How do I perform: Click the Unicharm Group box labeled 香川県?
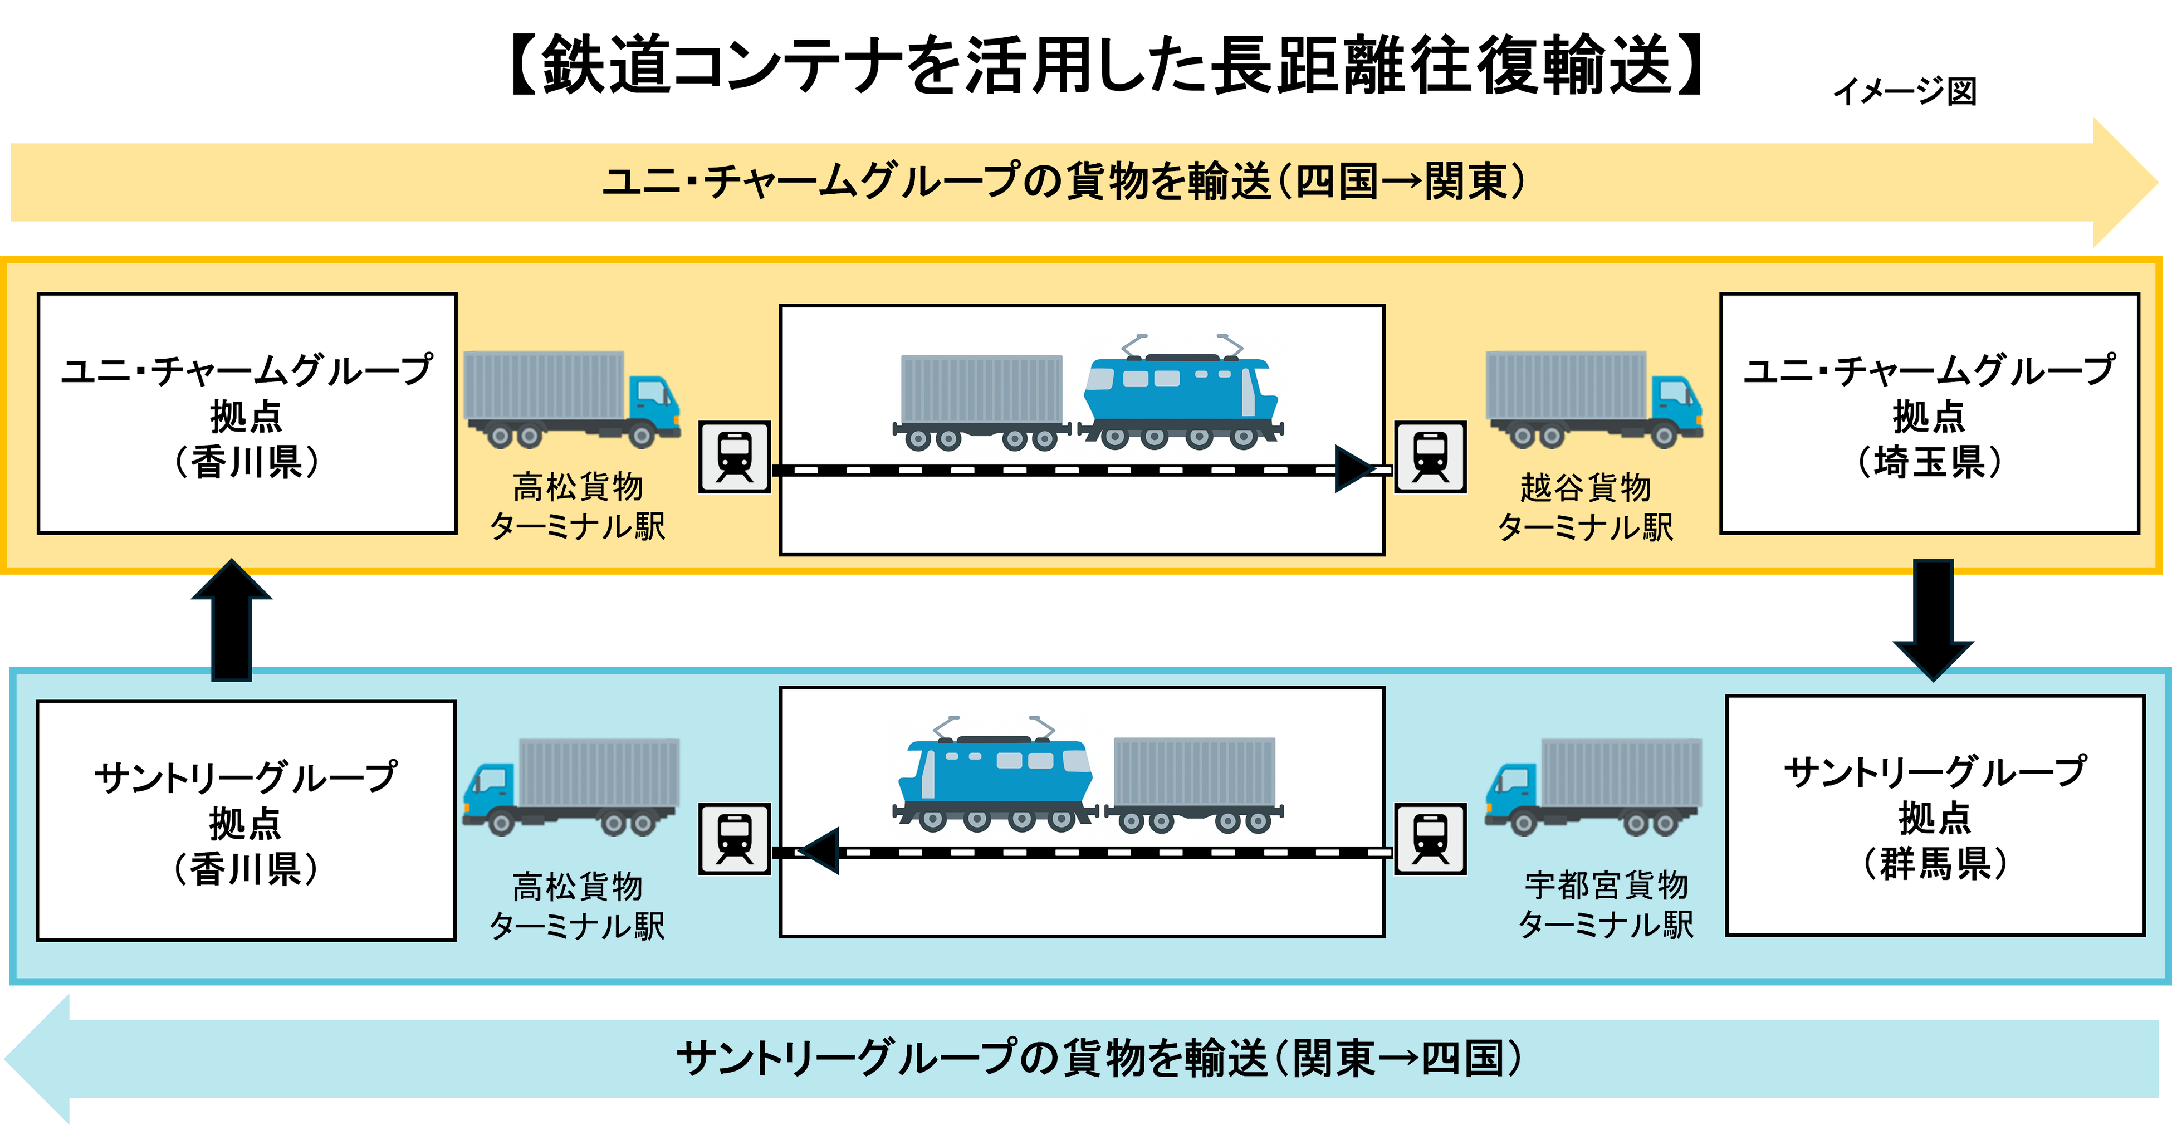pos(246,413)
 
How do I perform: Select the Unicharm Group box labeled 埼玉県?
pos(1929,413)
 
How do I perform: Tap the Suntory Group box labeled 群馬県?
pos(1935,815)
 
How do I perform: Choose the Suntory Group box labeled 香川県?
pos(246,820)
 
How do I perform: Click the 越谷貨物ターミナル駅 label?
pos(1585,507)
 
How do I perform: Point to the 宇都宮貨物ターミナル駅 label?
pos(1606,905)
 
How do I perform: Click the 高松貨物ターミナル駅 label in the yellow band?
pos(578,506)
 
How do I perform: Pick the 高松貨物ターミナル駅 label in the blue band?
pos(578,906)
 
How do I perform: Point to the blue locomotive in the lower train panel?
pos(995,776)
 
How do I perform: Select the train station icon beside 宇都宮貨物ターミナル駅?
pos(1431,839)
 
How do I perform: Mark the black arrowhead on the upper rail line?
pos(1354,469)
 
